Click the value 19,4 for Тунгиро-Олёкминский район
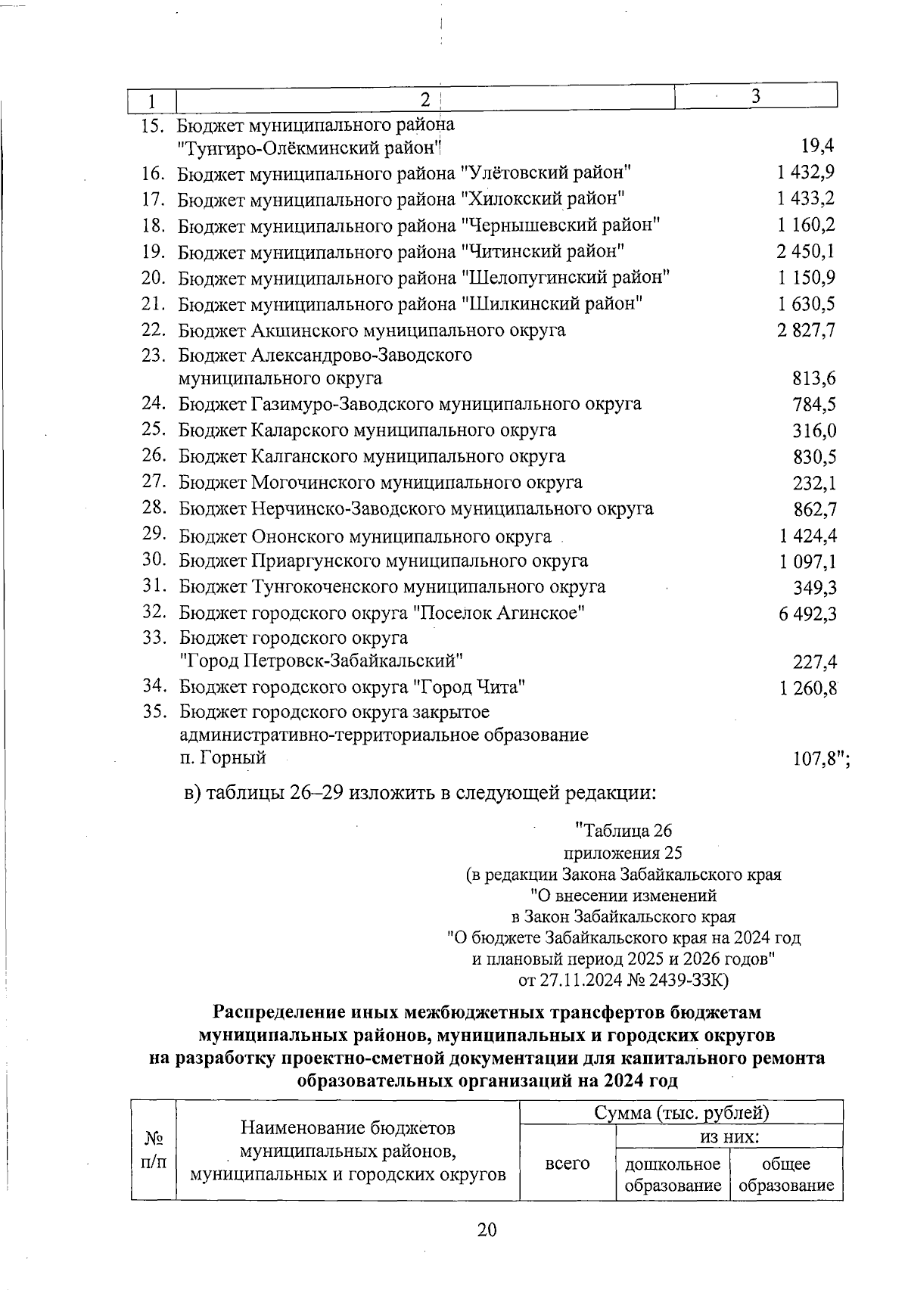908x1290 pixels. [x=817, y=145]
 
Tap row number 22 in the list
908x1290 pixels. [x=154, y=330]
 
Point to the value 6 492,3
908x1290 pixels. [x=807, y=614]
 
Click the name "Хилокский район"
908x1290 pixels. [x=543, y=199]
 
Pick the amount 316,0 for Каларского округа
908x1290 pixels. [x=814, y=431]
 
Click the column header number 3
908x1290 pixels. [x=755, y=96]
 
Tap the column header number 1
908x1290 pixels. [x=152, y=100]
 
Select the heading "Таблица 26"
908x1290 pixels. [x=622, y=832]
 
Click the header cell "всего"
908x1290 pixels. [x=567, y=1164]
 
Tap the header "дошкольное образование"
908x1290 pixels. [x=673, y=1174]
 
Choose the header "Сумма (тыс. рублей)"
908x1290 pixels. [x=681, y=1113]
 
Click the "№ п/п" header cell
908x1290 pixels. [x=154, y=1150]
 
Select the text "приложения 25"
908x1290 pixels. [x=623, y=853]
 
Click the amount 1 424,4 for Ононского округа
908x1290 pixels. [x=807, y=536]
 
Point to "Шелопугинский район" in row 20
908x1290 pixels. [x=565, y=278]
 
